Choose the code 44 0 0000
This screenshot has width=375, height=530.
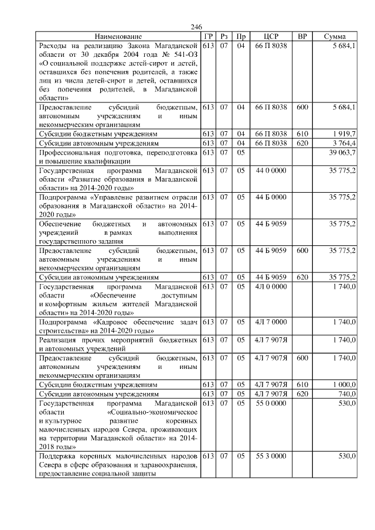(x=271, y=170)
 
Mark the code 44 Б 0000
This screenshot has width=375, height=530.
(x=271, y=197)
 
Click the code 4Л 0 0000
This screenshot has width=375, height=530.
(x=271, y=286)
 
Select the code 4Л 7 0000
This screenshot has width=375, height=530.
(x=271, y=322)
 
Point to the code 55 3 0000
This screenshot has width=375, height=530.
(x=271, y=456)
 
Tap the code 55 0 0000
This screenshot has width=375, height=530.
(x=271, y=404)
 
